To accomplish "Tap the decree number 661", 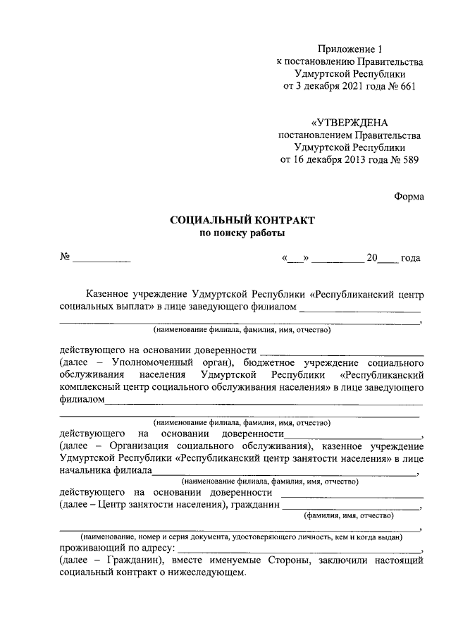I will pos(407,87).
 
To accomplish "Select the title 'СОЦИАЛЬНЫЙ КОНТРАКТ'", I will pos(242,221).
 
